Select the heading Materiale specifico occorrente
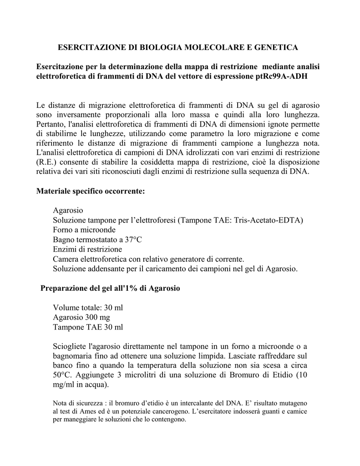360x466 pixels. pos(90,191)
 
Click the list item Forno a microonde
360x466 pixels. pos(84,230)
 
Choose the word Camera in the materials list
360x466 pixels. pos(66,259)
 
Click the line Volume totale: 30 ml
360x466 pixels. pos(88,308)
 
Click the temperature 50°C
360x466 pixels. pos(62,376)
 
